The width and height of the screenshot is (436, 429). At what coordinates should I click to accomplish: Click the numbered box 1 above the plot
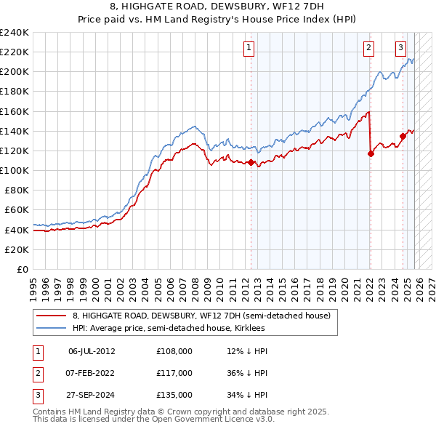(x=249, y=48)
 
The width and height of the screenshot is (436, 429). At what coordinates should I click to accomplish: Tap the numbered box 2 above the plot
(x=368, y=48)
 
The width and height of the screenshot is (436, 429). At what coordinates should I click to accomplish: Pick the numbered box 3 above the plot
(x=400, y=48)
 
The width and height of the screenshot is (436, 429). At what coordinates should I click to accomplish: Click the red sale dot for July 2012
(x=251, y=162)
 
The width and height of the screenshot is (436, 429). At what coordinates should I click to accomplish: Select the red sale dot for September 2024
(x=403, y=135)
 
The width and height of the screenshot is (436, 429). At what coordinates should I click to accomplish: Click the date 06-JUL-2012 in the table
(x=92, y=350)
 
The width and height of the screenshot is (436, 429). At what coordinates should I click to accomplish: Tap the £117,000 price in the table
(x=174, y=372)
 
